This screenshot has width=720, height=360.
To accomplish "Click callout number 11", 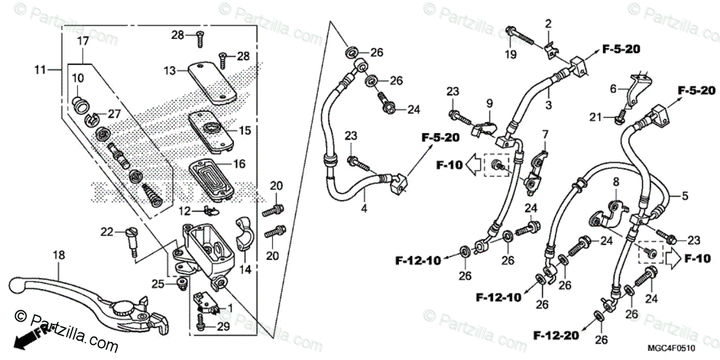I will pos(40,71).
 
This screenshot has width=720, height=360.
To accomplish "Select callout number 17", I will pos(83,41).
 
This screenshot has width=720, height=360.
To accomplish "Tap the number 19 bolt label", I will pos(509,55).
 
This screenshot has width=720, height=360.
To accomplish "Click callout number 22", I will pos(106,232).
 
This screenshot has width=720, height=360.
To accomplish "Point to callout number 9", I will pos(489,103).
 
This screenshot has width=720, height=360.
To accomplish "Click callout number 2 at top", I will pos(548,24).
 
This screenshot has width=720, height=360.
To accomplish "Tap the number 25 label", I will pos(157,283).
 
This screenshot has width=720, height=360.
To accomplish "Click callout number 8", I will pos(615,181).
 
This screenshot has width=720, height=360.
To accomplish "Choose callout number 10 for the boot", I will pos(79,79).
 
